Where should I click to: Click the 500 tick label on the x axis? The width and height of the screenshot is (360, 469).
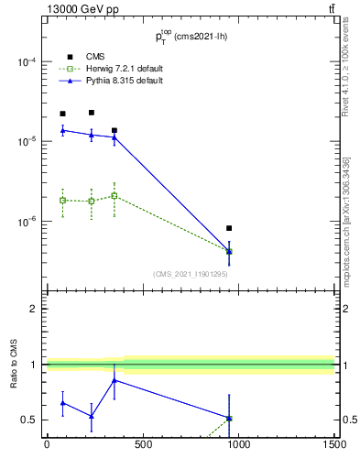(143, 445)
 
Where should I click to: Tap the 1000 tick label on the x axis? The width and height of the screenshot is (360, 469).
(238, 445)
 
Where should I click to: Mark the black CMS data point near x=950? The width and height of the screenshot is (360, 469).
(229, 228)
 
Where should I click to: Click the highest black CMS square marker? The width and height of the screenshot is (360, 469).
(92, 113)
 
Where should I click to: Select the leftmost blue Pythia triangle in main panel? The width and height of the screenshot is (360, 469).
(62, 130)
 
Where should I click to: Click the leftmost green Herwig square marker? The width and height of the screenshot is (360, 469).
(62, 200)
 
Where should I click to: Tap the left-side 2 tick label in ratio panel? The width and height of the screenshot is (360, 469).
(34, 309)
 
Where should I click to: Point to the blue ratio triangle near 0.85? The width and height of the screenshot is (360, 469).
(114, 380)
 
